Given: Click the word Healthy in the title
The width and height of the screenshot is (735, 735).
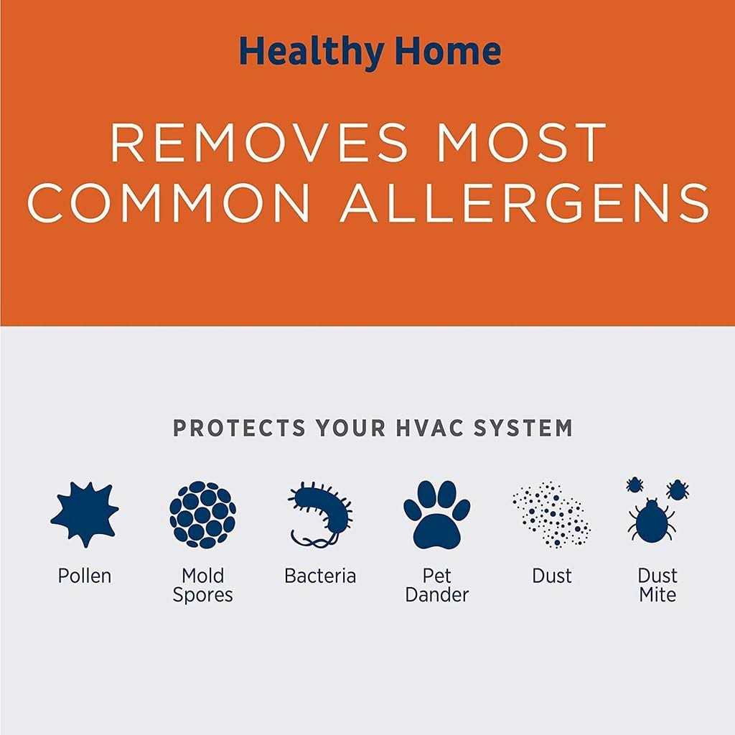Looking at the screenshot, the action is tap(312, 52).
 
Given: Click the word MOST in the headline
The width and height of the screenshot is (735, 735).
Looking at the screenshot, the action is tap(521, 143).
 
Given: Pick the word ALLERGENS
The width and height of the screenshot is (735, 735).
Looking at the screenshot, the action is tap(525, 202).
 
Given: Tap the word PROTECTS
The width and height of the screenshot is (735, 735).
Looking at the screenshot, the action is tap(240, 428).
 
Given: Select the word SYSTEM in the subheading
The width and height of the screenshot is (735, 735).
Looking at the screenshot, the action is tap(523, 428).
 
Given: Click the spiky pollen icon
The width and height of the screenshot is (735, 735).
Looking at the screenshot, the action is tap(85, 514).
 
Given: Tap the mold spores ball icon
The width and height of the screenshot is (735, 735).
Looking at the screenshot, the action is tap(202, 515).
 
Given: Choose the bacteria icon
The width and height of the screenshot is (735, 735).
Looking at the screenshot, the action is tap(321, 515).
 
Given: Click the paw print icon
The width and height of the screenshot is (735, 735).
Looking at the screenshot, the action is tap(436, 515).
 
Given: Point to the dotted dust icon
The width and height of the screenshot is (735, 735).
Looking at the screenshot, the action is tap(552, 515).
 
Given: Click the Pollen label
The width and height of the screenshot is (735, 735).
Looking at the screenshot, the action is tap(85, 576).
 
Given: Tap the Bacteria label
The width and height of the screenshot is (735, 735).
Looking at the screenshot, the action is tap(320, 576).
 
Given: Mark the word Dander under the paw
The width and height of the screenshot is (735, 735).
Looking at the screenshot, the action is tap(437, 595).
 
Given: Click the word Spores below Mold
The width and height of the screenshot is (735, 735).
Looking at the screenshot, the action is tap(202, 596).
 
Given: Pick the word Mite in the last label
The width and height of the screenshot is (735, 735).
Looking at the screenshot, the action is tap(657, 595).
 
